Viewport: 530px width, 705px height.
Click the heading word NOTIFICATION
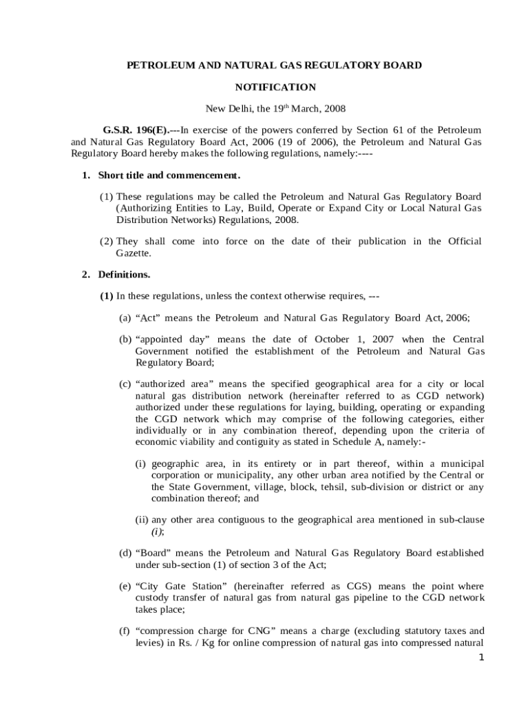pyautogui.click(x=275, y=87)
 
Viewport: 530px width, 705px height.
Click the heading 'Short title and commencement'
pyautogui.click(x=169, y=175)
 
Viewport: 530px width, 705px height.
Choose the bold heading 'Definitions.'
pyautogui.click(x=124, y=274)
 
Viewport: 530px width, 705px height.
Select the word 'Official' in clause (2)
pyautogui.click(x=465, y=241)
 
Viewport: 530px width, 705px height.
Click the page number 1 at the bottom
pyautogui.click(x=482, y=657)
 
